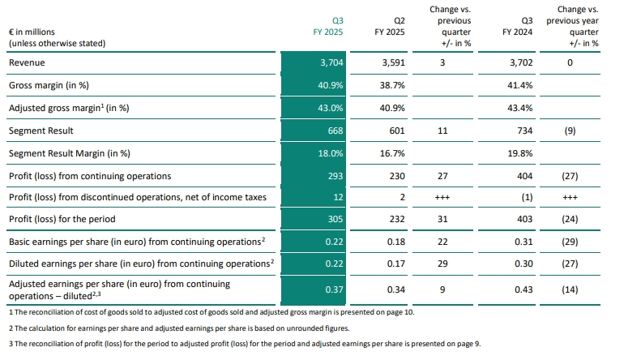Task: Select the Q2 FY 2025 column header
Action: point(393,27)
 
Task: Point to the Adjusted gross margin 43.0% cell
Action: point(331,108)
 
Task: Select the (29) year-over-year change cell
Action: point(572,242)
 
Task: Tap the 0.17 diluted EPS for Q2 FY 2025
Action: point(394,264)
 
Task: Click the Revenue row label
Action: point(27,62)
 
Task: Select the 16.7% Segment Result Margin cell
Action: point(392,153)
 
